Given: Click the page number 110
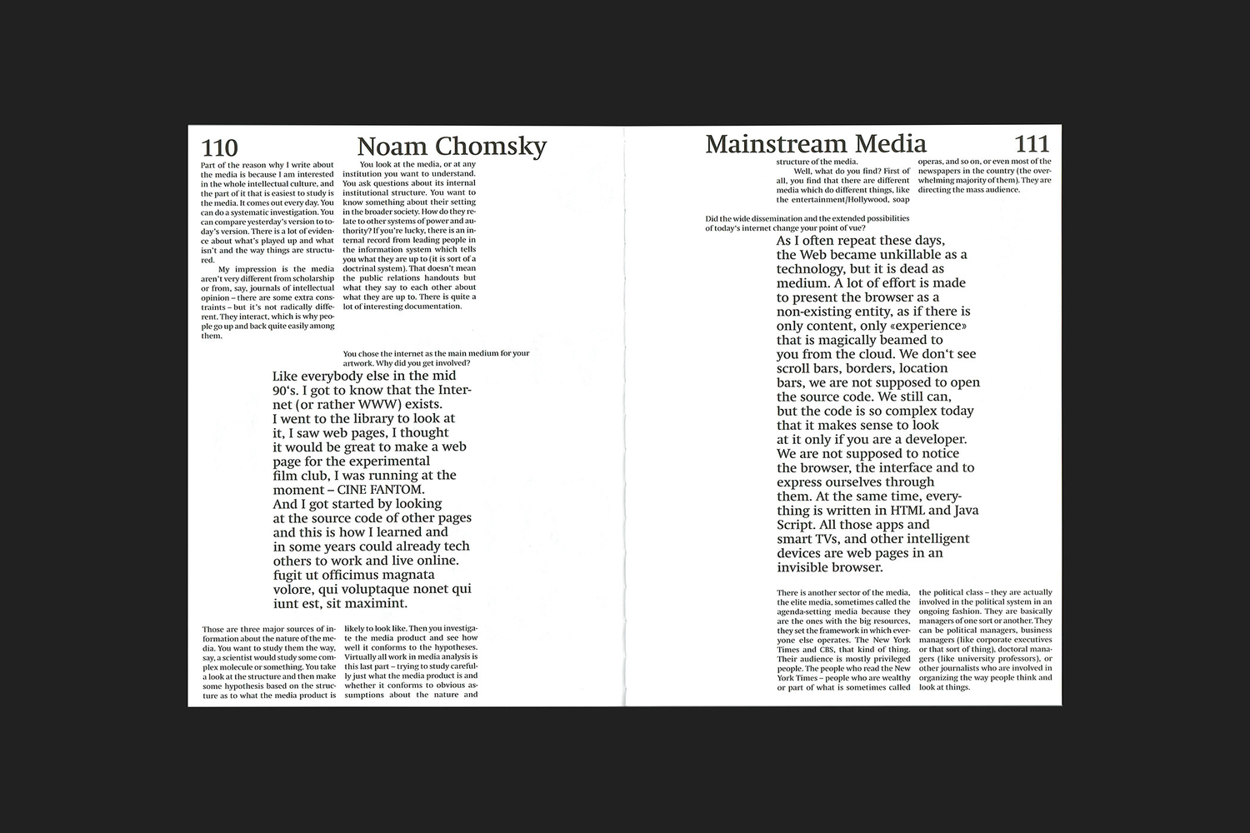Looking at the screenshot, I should tap(220, 148).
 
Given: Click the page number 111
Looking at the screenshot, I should tap(1032, 144).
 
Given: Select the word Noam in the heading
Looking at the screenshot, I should tap(395, 147).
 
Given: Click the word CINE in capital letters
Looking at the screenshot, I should tap(354, 490).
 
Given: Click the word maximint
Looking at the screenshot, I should tap(376, 603).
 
